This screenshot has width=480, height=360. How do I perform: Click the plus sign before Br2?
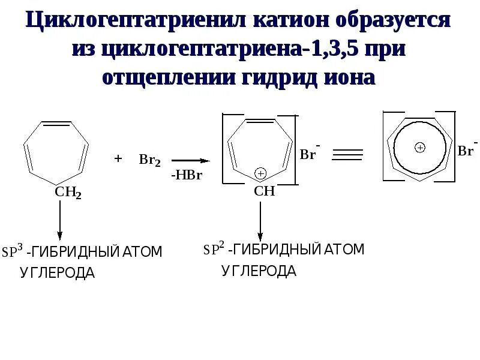tap(118, 159)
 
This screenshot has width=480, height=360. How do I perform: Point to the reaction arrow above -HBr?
tap(190, 161)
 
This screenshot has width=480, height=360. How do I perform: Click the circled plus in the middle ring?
tap(260, 173)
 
